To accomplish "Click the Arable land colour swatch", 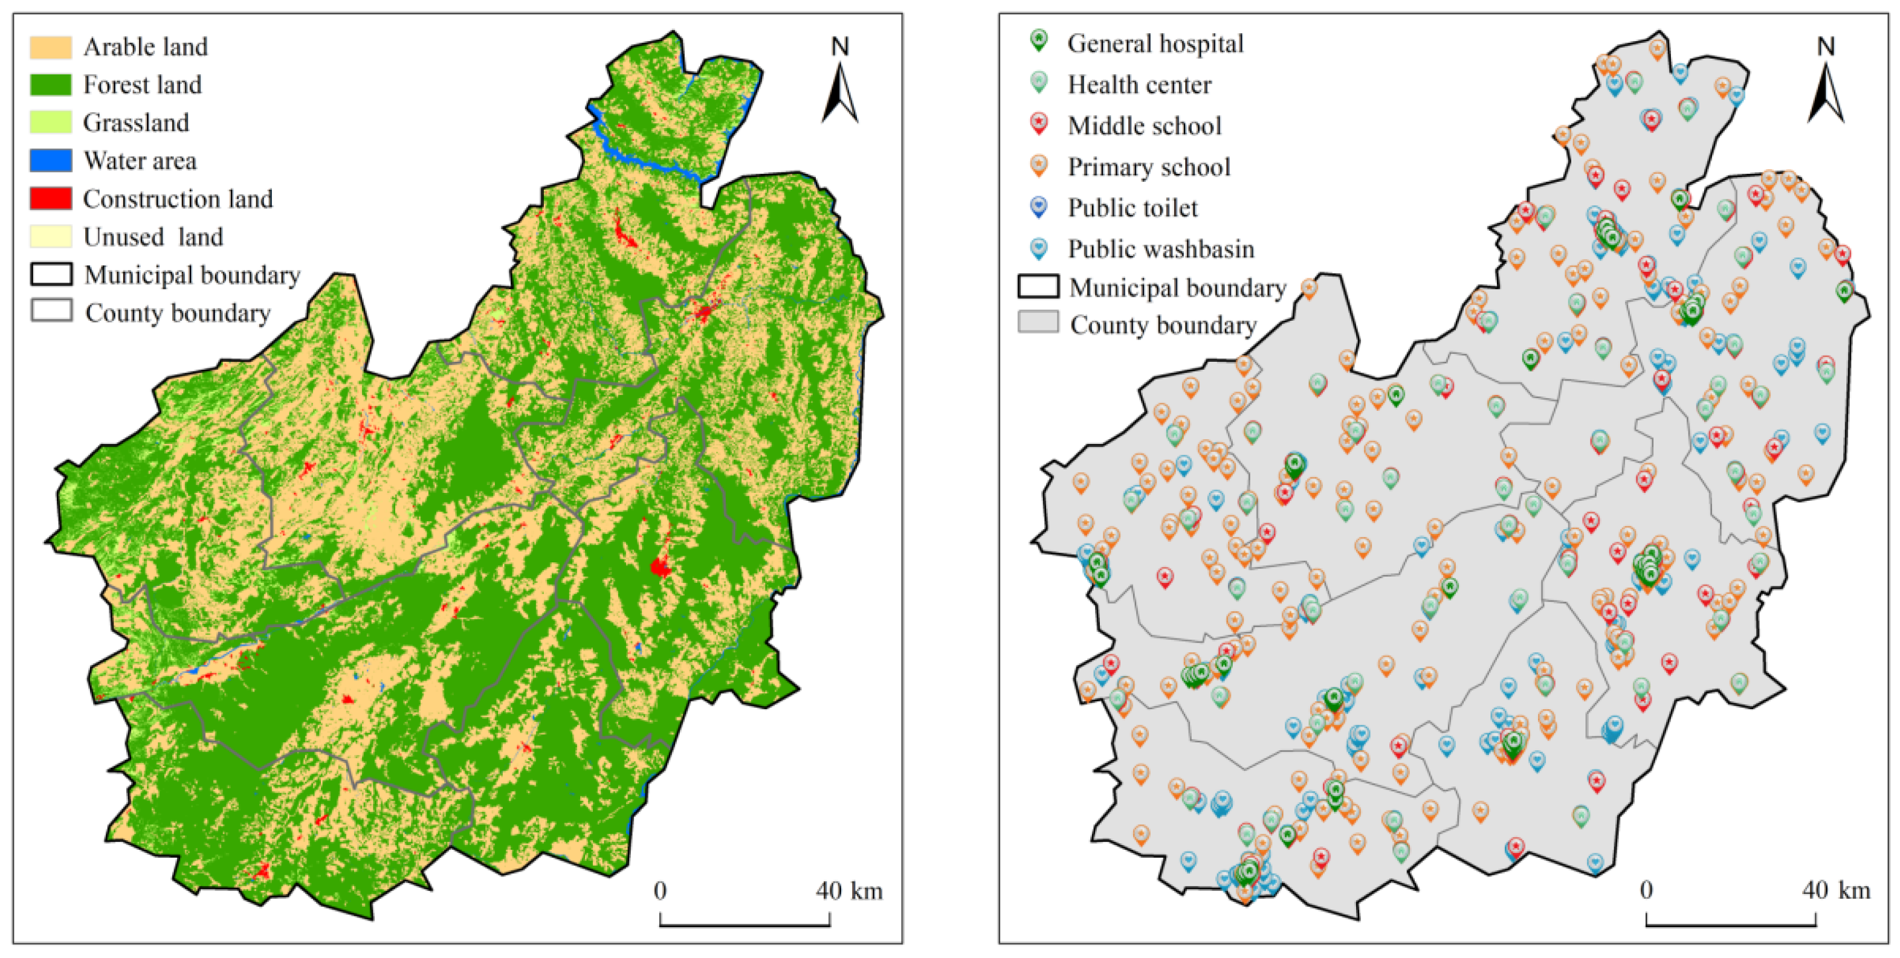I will pyautogui.click(x=50, y=47).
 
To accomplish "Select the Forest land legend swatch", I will pyautogui.click(x=50, y=85).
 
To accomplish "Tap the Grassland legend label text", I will pyautogui.click(x=136, y=123).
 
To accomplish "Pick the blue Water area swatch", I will pyautogui.click(x=50, y=161).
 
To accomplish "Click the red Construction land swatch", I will pyautogui.click(x=50, y=198).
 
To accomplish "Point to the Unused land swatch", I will pyautogui.click(x=50, y=237).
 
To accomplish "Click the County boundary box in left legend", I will pyautogui.click(x=51, y=310).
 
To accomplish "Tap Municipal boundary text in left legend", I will pyautogui.click(x=192, y=275).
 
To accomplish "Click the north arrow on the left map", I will pyautogui.click(x=840, y=92).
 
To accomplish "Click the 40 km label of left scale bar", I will pyautogui.click(x=849, y=891).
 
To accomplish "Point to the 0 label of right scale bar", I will pyautogui.click(x=1646, y=890).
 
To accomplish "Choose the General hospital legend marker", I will pyautogui.click(x=1038, y=40).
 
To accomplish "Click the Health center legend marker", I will pyautogui.click(x=1038, y=82).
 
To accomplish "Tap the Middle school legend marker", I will pyautogui.click(x=1038, y=123).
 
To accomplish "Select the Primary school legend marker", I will pyautogui.click(x=1038, y=164).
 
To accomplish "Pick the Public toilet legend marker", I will pyautogui.click(x=1038, y=206).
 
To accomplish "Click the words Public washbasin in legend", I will pyautogui.click(x=1161, y=249).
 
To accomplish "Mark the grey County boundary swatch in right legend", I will pyautogui.click(x=1038, y=323).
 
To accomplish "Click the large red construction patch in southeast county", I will pyautogui.click(x=659, y=567).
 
